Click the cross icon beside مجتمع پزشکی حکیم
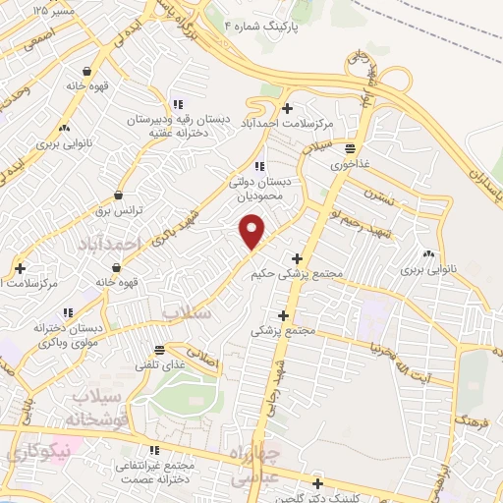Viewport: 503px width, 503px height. click(297, 258)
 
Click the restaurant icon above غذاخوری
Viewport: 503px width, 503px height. click(350, 148)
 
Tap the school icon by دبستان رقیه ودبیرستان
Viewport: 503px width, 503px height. click(178, 104)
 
